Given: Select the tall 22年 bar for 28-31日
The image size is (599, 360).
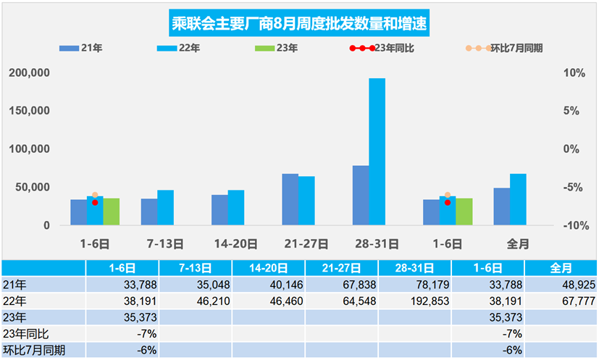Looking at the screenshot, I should tap(377, 152).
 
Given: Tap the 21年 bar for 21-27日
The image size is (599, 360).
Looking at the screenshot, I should tap(290, 199).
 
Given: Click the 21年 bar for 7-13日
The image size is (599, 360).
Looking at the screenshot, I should tap(149, 212).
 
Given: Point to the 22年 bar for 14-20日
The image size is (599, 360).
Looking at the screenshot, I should tap(236, 207).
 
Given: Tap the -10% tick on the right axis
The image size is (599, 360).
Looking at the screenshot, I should tap(571, 225).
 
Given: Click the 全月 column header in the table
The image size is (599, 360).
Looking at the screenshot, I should tap(561, 268).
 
